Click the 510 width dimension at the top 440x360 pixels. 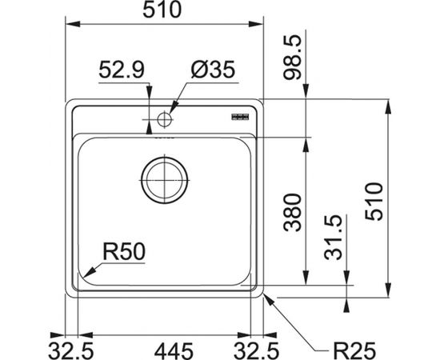point(162,10)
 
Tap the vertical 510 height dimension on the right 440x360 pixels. point(374,201)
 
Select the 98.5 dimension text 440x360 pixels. point(292,58)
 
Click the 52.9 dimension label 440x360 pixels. point(122,70)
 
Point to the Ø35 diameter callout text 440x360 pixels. point(213,70)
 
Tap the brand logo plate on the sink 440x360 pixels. point(240,117)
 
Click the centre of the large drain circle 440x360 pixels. point(165,180)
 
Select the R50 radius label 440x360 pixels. point(124,252)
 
